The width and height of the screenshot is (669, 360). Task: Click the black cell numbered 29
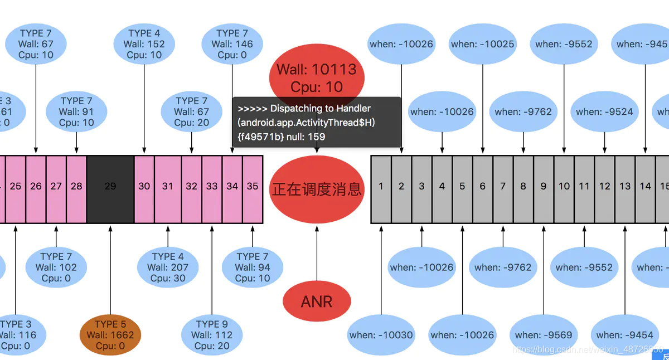[x=110, y=186]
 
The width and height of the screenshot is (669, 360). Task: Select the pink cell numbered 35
[x=253, y=186]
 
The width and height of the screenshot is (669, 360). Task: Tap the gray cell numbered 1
[x=381, y=186]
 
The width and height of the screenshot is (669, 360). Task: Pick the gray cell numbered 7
[x=503, y=186]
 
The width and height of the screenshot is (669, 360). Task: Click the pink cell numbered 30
[x=144, y=186]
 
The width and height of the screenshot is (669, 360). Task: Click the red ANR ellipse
[x=317, y=301]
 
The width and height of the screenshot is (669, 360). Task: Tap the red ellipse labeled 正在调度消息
[x=317, y=189]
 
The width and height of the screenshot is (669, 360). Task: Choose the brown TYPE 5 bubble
[x=110, y=335]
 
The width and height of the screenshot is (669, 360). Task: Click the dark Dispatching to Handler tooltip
[x=317, y=123]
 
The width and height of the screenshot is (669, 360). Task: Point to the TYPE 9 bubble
[x=212, y=335]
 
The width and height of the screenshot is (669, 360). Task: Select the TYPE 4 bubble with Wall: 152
[x=144, y=44]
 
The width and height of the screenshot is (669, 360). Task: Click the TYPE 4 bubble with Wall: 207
[x=168, y=267]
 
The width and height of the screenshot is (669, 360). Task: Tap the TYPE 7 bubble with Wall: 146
[x=232, y=44]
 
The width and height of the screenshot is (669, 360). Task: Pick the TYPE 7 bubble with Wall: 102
[x=56, y=267]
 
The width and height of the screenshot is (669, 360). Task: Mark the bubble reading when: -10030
[x=381, y=335]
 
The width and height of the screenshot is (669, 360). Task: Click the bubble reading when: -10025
[x=482, y=44]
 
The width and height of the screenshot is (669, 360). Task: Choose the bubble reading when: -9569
[x=543, y=335]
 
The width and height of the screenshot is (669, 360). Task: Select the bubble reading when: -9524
[x=604, y=111]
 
